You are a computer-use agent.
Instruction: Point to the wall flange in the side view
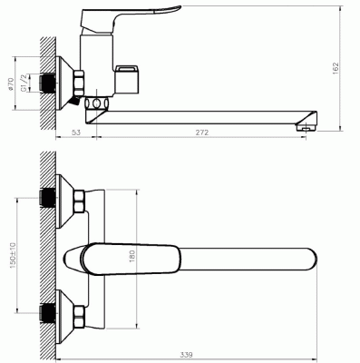(64, 83)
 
